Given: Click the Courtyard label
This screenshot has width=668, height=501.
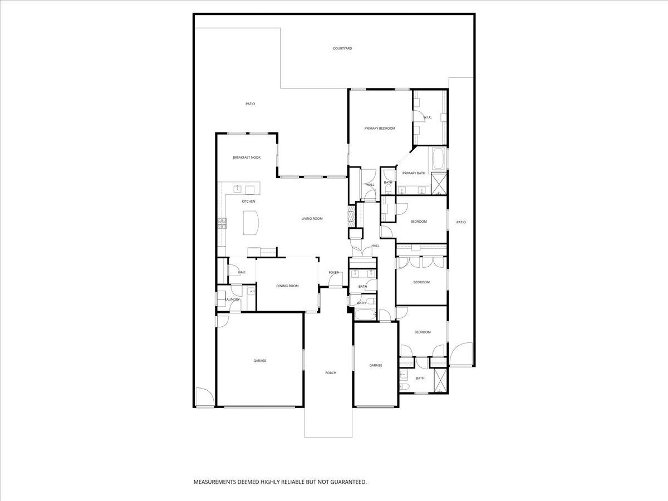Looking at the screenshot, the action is pos(342,48).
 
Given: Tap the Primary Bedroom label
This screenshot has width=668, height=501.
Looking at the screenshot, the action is pos(380,129).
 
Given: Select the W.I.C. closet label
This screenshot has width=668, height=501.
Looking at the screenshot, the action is pos(428,117).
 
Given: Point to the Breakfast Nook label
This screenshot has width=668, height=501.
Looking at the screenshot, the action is pos(247,158).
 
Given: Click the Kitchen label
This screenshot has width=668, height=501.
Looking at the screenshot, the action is pos(248,202).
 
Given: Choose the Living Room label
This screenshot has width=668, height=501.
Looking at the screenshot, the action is pos(312,218).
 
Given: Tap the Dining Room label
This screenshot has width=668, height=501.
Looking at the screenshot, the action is pos(287,286).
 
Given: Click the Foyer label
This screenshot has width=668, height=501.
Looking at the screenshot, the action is pos(333,273).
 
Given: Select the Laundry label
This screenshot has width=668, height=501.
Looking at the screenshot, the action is pos(232,299).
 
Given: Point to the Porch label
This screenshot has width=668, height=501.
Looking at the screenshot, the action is pos(331,373).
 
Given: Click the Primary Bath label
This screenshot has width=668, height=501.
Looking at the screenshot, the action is pos(414,173).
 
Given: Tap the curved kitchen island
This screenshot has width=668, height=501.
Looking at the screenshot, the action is pos(251,223).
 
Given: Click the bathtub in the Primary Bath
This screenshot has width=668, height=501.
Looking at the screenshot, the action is pos(437,159).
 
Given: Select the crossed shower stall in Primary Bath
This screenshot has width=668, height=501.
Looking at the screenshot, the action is pos(439,184).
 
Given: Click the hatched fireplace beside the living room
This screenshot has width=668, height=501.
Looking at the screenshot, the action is pos(351,217).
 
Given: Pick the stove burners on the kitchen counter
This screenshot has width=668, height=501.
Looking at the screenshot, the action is pos(222,223).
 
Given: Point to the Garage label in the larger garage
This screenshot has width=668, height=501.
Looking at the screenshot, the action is pos(259,361).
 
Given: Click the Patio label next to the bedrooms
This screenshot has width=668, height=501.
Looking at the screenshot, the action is pos(461,222).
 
